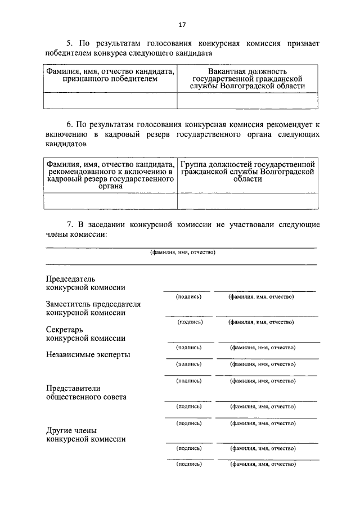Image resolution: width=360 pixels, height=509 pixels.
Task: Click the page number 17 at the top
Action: coord(182,25)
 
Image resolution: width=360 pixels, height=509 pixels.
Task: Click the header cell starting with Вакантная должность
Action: coord(247,79)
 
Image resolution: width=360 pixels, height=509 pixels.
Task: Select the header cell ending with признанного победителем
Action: coord(110,75)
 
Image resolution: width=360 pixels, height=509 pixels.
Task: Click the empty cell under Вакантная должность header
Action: coord(247,100)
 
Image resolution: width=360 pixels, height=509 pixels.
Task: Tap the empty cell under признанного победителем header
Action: coord(110,100)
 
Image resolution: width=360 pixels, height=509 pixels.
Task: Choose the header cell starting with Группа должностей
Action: coord(247,171)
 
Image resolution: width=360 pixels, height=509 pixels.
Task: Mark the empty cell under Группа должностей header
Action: coord(247,201)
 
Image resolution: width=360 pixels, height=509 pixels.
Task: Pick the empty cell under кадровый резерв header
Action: coord(110,201)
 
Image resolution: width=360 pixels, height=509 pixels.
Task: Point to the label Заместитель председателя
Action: coord(93,304)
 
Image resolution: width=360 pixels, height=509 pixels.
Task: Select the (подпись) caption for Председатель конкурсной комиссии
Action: coord(188,296)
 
